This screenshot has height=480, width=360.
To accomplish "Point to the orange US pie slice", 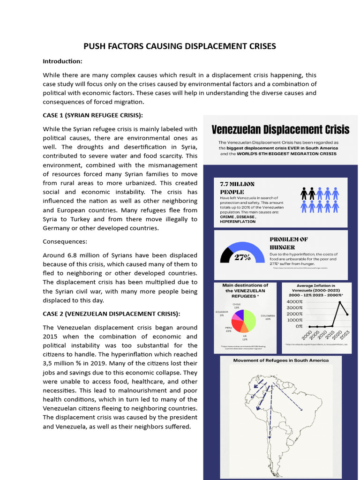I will (244, 329).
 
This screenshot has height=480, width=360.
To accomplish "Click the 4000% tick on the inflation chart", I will (295, 301).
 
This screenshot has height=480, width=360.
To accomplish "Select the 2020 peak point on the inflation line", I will (339, 302).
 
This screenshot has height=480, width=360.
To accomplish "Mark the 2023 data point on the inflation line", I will (347, 315).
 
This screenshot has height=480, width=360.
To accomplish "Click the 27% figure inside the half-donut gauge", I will (242, 257).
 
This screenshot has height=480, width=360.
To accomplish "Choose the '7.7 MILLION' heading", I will (237, 184).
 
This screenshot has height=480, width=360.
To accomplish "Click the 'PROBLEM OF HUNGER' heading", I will (289, 243).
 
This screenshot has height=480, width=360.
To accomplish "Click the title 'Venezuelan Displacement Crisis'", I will (280, 129).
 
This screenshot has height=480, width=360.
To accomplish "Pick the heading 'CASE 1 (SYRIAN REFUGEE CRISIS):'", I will (93, 115).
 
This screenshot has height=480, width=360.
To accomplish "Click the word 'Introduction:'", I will (62, 61).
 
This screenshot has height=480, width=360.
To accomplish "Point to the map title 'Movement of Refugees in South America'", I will (281, 360).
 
